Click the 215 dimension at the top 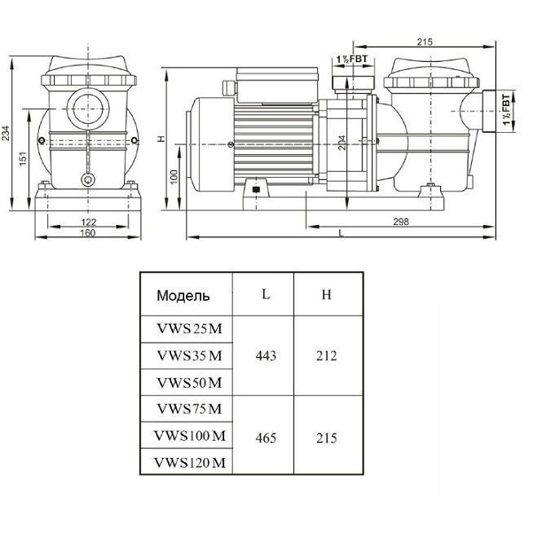[423, 42]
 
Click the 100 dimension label [174, 178]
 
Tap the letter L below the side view [340, 233]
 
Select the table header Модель [183, 296]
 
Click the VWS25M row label [188, 328]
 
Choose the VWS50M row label [188, 382]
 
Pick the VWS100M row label [188, 437]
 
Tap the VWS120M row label [188, 464]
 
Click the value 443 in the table [266, 356]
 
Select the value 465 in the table [266, 438]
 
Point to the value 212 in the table [326, 356]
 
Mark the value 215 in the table [326, 438]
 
